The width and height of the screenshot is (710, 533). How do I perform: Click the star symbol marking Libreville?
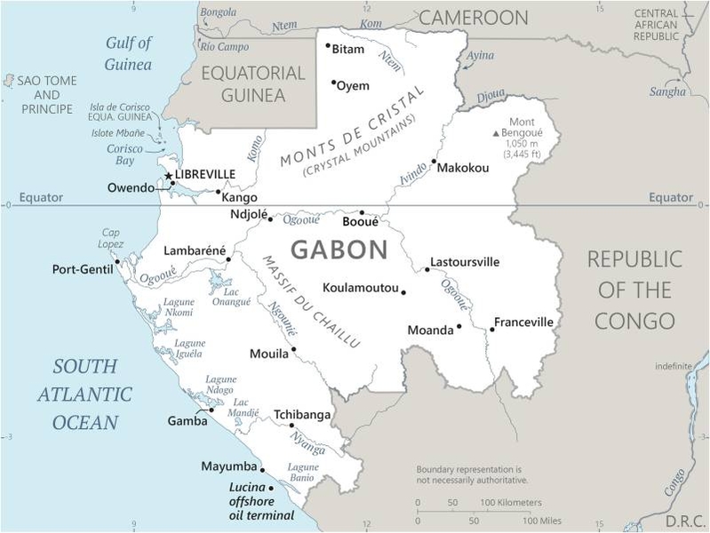coord(169,176)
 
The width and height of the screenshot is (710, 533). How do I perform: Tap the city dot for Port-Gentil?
coord(116,262)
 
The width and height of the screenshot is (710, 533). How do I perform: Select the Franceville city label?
coord(523,322)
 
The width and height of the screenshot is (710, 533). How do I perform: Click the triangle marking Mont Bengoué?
coord(497,133)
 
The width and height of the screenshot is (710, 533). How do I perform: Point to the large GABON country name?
coord(339,250)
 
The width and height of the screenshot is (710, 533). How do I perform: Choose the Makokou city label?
coord(463,167)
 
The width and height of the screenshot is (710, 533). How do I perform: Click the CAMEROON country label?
coord(473,18)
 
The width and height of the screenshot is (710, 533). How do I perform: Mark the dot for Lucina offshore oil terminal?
coord(271,488)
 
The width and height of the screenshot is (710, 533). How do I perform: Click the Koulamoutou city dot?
coord(403,292)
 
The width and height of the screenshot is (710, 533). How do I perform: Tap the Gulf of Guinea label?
coord(129,53)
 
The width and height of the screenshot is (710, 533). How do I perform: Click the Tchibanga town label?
coord(302,415)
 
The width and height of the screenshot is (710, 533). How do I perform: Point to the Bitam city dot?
coord(328,45)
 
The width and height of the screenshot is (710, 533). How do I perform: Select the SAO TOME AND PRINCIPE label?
coord(47,94)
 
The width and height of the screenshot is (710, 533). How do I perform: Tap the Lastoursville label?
coord(465,262)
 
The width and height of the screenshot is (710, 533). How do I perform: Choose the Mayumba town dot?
coord(262,470)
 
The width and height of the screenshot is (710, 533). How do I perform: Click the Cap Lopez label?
coord(110,238)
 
